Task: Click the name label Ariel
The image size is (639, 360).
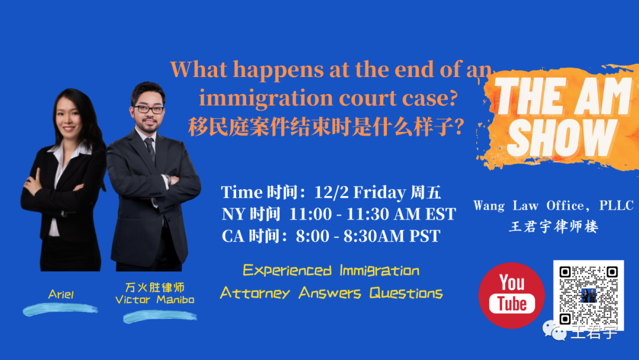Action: (x=61, y=294)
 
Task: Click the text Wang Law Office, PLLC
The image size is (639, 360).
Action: (x=553, y=205)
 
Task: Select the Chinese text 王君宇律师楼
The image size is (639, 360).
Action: (x=553, y=226)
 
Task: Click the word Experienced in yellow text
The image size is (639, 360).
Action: (x=287, y=271)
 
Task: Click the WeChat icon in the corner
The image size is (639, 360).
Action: (x=555, y=331)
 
